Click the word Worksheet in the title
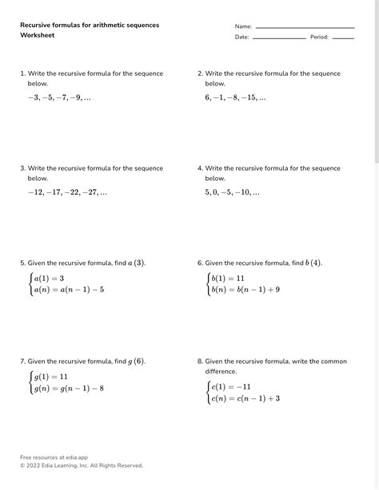point(37,36)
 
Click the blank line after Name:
point(305,28)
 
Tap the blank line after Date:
point(278,38)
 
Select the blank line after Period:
point(343,38)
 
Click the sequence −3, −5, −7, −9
point(58,97)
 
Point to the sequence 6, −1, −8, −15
point(235,97)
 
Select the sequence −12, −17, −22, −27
point(66,192)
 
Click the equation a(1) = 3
point(48,279)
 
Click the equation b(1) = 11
point(228,279)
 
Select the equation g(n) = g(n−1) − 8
point(68,389)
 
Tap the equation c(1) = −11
point(230,386)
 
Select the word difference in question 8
point(221,371)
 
